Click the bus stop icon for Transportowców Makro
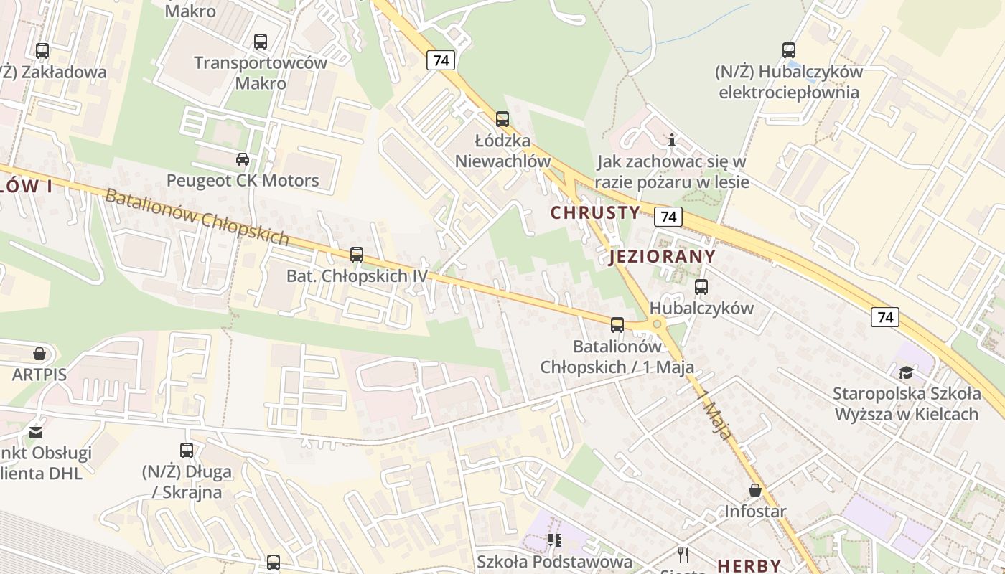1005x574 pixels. pos(260,42)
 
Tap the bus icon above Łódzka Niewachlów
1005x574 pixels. pos(502,119)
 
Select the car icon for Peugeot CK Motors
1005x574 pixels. pos(243,159)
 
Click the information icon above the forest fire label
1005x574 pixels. pos(672,140)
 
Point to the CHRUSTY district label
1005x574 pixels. pos(595,212)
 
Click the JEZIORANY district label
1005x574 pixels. pos(662,257)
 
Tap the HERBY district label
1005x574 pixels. pos(749,565)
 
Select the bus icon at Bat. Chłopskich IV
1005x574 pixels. pos(356,254)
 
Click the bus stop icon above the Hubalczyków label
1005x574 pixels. pos(701,287)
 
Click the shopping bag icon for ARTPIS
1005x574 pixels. pos(39,354)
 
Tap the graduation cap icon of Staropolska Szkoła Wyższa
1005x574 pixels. pos(906,372)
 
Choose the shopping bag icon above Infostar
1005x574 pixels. pos(754,490)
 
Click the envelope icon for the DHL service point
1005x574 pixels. pos(35,432)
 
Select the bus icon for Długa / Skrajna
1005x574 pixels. pos(187,451)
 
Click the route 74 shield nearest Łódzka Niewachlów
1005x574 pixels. pos(441,60)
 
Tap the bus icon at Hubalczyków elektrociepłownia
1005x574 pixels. pos(789,50)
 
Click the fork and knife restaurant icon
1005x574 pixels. pos(683,555)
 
